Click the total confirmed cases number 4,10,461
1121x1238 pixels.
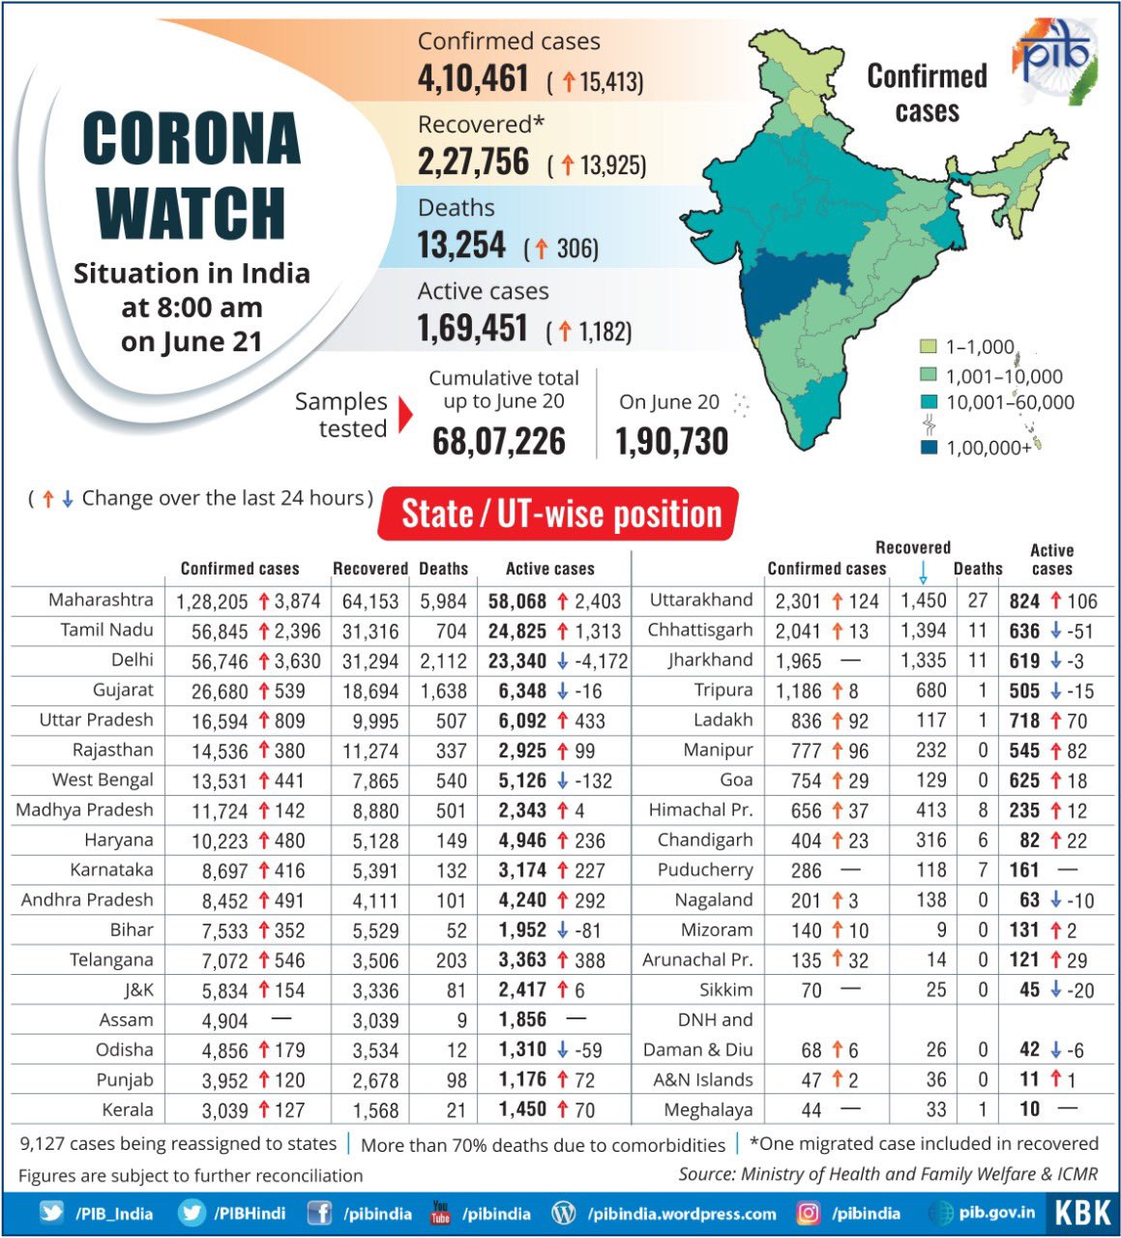(x=473, y=78)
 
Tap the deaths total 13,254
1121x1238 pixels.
(x=461, y=246)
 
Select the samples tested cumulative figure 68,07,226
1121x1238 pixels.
(x=499, y=441)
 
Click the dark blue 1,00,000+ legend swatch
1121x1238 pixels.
(x=929, y=447)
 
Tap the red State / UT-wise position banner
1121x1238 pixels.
(x=561, y=514)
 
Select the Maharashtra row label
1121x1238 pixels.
(x=101, y=600)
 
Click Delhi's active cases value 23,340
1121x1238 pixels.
(x=517, y=661)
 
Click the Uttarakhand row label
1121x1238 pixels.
(x=700, y=600)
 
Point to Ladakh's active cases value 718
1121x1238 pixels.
(x=1023, y=721)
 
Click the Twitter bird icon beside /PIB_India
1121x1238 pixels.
(x=51, y=1213)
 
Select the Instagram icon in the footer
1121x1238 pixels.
(x=808, y=1213)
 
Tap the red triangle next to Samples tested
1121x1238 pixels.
(x=404, y=415)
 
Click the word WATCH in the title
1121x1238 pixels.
(x=192, y=212)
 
